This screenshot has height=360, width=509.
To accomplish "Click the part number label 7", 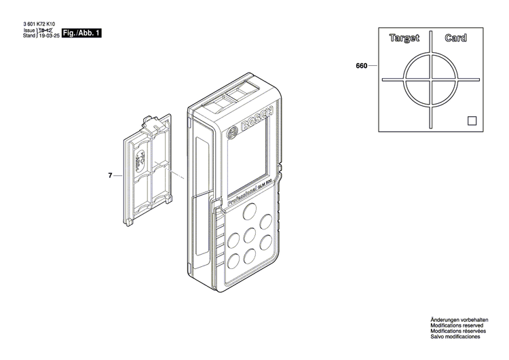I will (x=110, y=176).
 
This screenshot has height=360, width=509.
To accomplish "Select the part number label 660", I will (x=361, y=66).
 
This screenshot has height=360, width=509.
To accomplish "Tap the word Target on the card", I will (x=404, y=39).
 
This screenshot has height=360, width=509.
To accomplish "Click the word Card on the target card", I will (x=455, y=39).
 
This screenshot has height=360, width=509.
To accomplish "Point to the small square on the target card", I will (x=472, y=121).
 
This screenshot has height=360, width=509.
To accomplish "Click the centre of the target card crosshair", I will (x=430, y=79).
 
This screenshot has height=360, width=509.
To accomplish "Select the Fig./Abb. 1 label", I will (x=81, y=33).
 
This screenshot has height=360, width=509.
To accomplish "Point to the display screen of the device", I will (x=248, y=164).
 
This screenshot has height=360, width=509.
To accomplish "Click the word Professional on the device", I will (x=240, y=195).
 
